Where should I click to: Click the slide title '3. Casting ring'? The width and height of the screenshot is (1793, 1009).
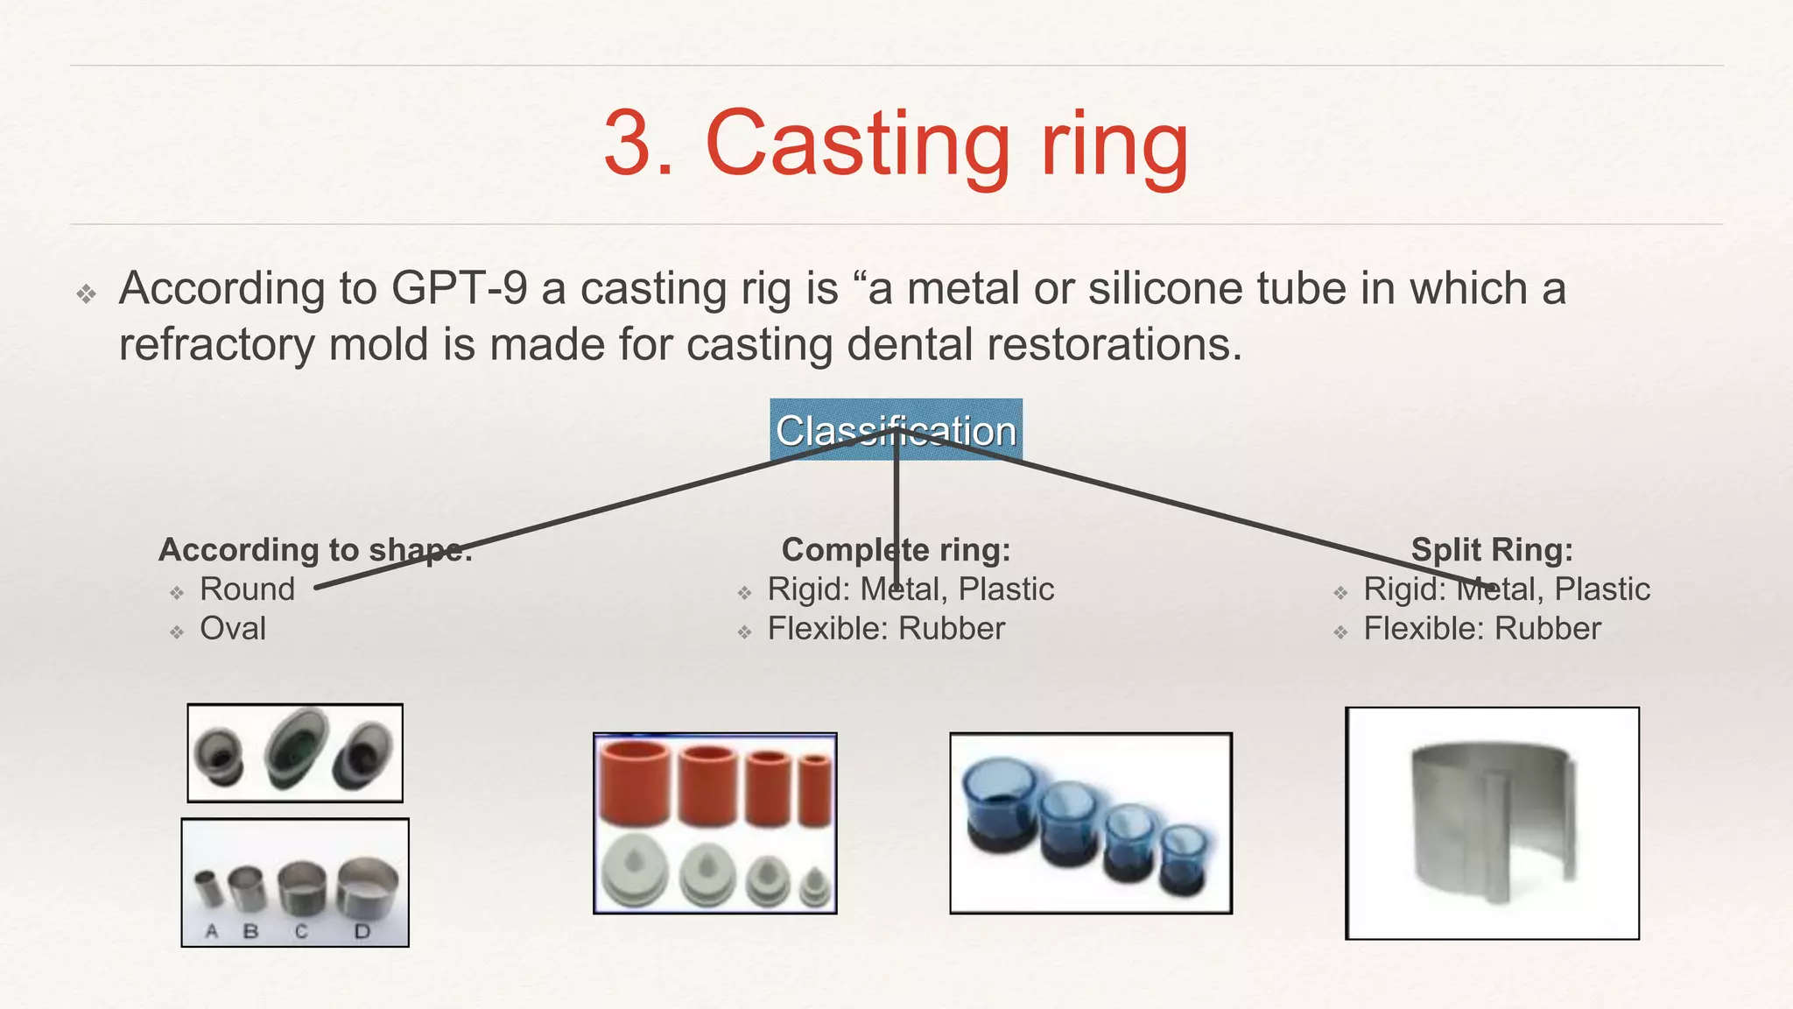click(896, 144)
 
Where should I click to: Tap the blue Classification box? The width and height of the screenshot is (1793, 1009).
click(896, 429)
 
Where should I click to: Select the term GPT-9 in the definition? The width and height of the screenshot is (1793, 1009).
click(459, 288)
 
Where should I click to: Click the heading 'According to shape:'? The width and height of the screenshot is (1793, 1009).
click(315, 550)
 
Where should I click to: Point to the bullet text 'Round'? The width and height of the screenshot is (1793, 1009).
click(247, 589)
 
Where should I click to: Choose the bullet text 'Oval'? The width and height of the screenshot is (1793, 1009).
click(232, 629)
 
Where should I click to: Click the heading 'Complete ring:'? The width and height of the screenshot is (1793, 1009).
click(896, 550)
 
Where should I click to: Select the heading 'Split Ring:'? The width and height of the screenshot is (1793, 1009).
click(1492, 550)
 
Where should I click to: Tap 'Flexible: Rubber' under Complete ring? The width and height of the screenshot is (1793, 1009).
click(886, 629)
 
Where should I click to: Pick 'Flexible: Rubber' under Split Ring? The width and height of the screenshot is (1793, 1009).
click(1482, 629)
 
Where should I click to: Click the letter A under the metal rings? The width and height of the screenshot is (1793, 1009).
click(212, 932)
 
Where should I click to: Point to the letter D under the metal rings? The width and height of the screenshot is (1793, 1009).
click(362, 932)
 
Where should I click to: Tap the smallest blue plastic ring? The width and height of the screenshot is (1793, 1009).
click(1184, 858)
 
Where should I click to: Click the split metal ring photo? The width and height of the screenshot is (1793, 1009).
click(1492, 823)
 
